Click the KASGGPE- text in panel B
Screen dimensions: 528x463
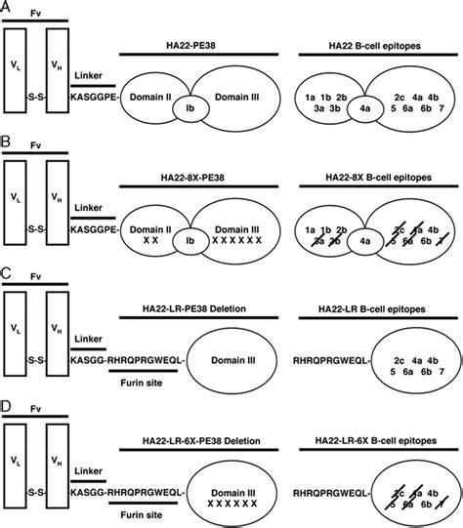[97, 231]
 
